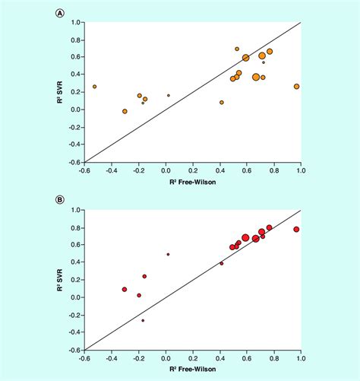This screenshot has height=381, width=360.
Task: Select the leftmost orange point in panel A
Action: click(x=95, y=87)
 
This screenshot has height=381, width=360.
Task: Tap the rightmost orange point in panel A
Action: click(x=296, y=87)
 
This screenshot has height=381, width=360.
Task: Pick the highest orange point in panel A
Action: click(x=237, y=49)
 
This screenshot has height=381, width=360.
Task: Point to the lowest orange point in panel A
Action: click(x=125, y=111)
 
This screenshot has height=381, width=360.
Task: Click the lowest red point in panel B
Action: click(x=143, y=320)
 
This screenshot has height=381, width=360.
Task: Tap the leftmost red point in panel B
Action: click(x=125, y=289)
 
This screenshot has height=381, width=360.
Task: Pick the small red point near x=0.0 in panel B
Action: click(x=168, y=254)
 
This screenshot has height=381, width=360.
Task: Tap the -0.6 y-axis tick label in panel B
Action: click(x=74, y=351)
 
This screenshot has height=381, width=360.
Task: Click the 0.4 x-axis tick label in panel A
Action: click(x=220, y=171)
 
